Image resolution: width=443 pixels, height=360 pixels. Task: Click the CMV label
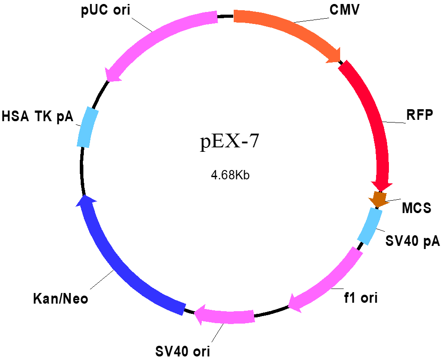345,9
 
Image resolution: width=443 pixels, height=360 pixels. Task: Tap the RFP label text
419,115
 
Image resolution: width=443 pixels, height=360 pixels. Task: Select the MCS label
416,208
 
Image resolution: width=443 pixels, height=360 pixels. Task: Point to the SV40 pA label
413,241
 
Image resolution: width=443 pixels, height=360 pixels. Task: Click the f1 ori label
361,298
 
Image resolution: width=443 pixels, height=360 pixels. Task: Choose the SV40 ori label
183,352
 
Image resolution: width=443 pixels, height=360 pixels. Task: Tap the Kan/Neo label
60,298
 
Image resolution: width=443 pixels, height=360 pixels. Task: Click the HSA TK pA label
37,116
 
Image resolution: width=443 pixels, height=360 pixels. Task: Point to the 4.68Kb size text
230,175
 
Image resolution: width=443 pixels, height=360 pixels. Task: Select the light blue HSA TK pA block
88,127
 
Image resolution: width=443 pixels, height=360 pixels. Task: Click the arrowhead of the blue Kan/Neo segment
85,200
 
